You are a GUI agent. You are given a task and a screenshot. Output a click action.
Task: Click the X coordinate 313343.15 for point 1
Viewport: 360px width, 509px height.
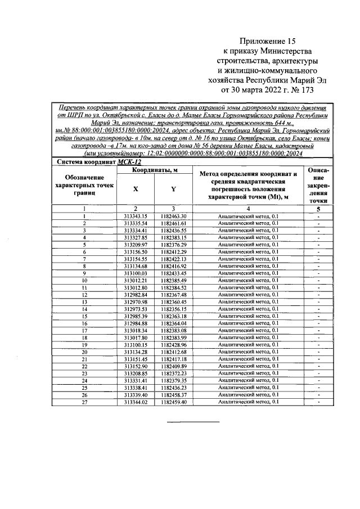pyautogui.click(x=136, y=216)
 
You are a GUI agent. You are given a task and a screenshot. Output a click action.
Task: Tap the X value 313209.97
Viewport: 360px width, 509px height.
pyautogui.click(x=136, y=245)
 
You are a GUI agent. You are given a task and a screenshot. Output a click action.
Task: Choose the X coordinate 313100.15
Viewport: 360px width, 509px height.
pyautogui.click(x=136, y=345)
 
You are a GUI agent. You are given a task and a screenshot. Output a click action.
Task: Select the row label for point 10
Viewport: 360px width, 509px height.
pyautogui.click(x=84, y=280)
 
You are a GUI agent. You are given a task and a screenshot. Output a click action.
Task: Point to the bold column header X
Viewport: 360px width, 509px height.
pyautogui.click(x=136, y=190)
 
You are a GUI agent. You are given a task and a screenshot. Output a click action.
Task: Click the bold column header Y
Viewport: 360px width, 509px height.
pyautogui.click(x=173, y=190)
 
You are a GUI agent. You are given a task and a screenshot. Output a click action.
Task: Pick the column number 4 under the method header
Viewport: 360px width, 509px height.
pyautogui.click(x=247, y=209)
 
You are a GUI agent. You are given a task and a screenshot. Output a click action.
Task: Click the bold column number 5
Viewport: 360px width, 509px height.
pyautogui.click(x=318, y=209)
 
